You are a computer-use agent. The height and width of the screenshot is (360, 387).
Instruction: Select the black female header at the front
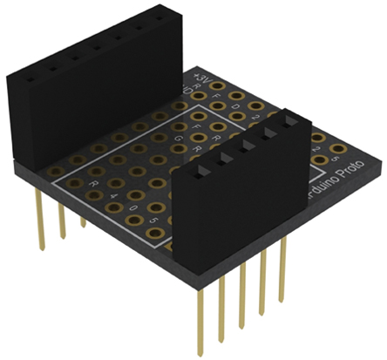[x=240, y=200]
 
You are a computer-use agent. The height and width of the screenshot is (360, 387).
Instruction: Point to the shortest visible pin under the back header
[x=84, y=221]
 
